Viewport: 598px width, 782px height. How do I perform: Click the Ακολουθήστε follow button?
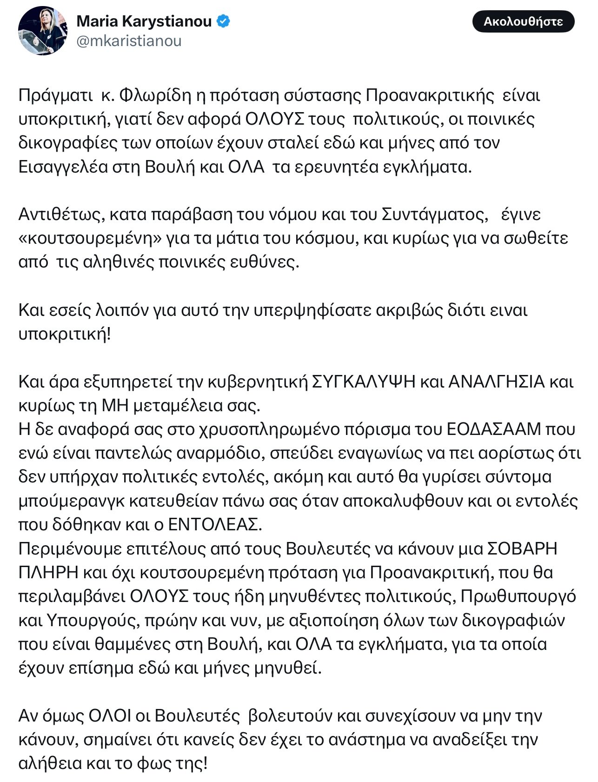[x=523, y=22]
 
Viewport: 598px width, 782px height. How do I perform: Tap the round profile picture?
[x=43, y=31]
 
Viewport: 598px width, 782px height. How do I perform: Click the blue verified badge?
[x=224, y=21]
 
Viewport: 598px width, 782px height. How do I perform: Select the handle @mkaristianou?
[x=129, y=41]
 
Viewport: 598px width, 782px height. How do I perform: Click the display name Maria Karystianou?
[x=144, y=21]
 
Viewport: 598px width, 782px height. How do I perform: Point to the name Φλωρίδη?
[x=155, y=95]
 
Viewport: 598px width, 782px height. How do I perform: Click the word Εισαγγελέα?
[x=63, y=167]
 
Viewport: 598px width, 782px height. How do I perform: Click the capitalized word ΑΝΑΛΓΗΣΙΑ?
[x=496, y=381]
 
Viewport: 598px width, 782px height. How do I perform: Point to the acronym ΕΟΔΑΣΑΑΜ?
[x=494, y=429]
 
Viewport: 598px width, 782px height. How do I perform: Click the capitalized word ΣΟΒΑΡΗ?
[x=522, y=548]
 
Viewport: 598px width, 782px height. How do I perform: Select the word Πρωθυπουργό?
[x=518, y=596]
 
